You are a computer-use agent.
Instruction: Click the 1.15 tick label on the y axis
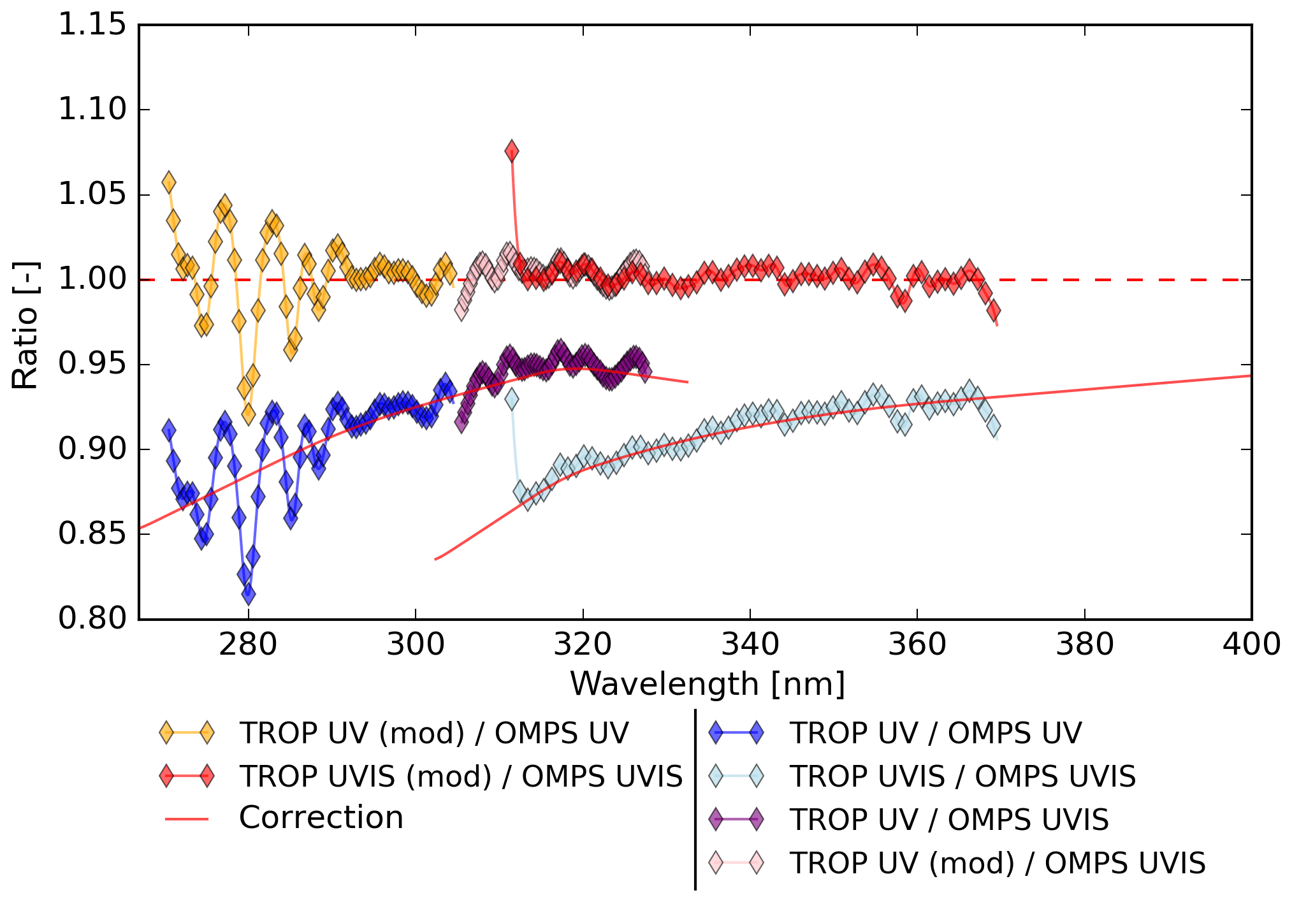pyautogui.click(x=92, y=25)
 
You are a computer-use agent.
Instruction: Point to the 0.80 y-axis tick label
pyautogui.click(x=92, y=619)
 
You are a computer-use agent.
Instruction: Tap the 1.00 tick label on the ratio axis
pyautogui.click(x=92, y=279)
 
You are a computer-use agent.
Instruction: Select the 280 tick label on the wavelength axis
pyautogui.click(x=248, y=644)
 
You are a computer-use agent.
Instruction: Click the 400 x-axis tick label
pyautogui.click(x=1251, y=644)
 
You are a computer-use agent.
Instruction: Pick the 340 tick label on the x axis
pyautogui.click(x=750, y=644)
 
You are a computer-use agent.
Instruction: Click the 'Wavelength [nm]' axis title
pyautogui.click(x=708, y=685)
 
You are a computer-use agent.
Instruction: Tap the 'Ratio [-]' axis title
pyautogui.click(x=25, y=325)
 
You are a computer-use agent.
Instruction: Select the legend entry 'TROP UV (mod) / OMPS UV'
pyautogui.click(x=433, y=733)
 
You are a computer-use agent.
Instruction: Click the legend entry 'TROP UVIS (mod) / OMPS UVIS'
pyautogui.click(x=460, y=776)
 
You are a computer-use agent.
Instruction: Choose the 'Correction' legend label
pyautogui.click(x=321, y=818)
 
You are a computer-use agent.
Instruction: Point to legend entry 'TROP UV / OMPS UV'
pyautogui.click(x=935, y=733)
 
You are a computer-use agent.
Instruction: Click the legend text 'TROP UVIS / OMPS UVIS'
pyautogui.click(x=962, y=776)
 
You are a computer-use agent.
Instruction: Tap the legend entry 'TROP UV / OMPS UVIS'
pyautogui.click(x=949, y=820)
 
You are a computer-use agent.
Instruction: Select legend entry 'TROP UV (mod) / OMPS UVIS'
pyautogui.click(x=998, y=863)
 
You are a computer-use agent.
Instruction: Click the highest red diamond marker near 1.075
pyautogui.click(x=511, y=152)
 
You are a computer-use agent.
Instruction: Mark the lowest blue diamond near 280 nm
pyautogui.click(x=249, y=594)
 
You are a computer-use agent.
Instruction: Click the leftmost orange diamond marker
pyautogui.click(x=169, y=182)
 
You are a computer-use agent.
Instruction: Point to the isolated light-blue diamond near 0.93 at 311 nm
pyautogui.click(x=511, y=400)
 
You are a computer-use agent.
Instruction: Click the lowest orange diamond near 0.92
pyautogui.click(x=248, y=414)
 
